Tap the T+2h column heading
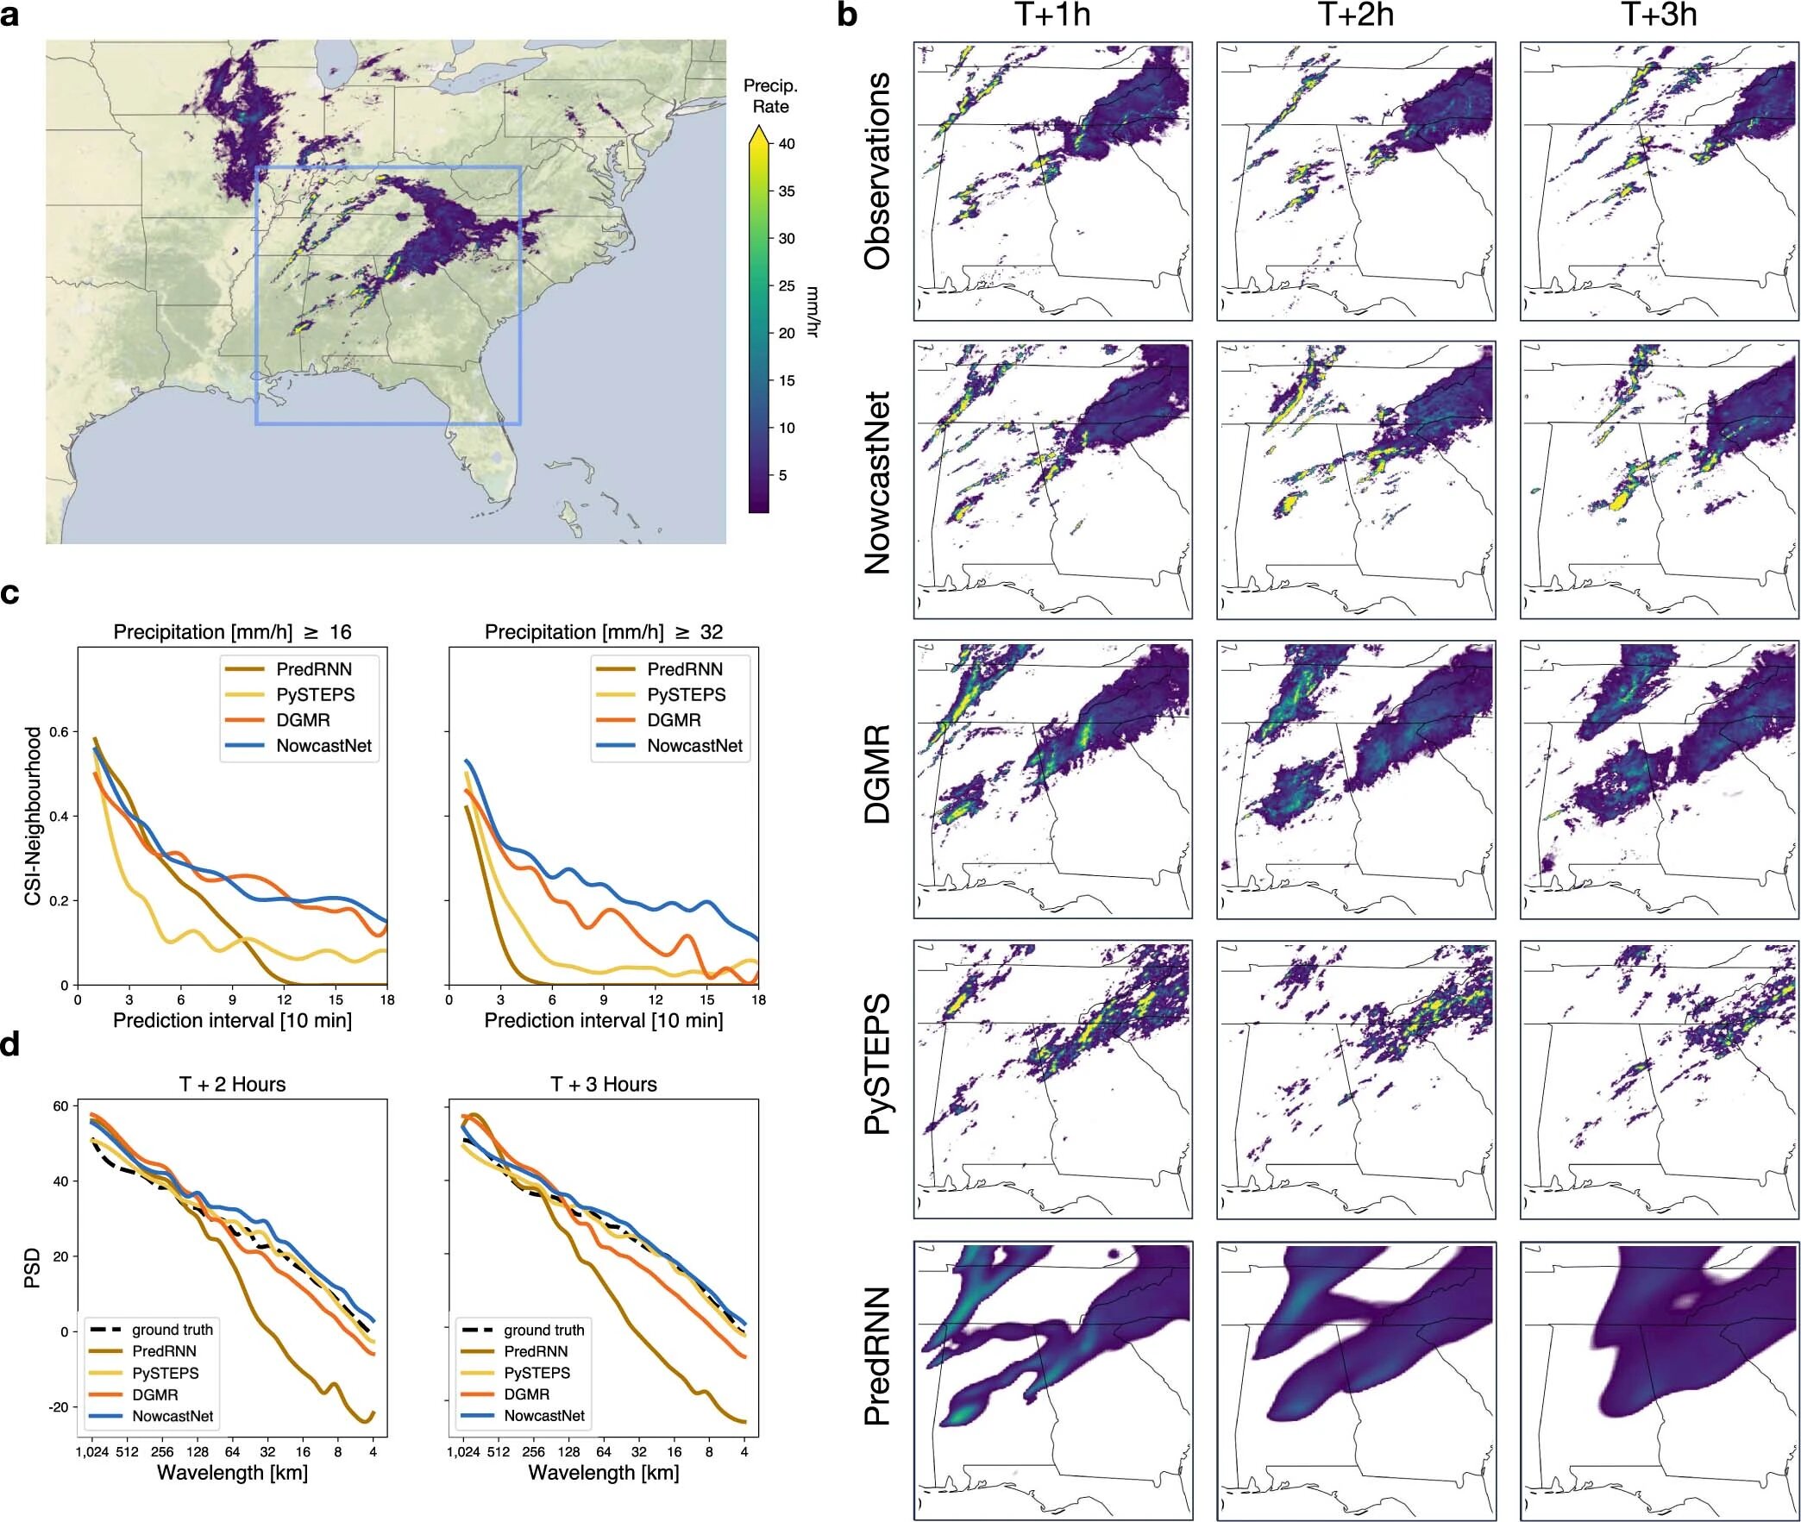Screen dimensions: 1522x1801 [x=1355, y=15]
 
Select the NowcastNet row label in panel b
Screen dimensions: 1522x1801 [x=876, y=482]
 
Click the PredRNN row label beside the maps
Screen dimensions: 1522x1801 [x=876, y=1369]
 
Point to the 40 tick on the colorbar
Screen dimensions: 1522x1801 [x=786, y=144]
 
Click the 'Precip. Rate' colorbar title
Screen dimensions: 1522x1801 [x=769, y=97]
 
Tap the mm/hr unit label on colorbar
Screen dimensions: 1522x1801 [x=811, y=310]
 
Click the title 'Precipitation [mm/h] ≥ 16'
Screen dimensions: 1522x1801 [x=232, y=631]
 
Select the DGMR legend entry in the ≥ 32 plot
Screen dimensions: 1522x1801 [x=674, y=719]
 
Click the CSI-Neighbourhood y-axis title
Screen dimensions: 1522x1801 [x=33, y=817]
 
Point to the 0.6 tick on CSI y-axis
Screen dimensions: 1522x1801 [x=60, y=731]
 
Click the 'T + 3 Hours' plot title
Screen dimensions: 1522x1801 [x=603, y=1084]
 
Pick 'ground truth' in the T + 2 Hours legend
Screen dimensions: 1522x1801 [x=172, y=1330]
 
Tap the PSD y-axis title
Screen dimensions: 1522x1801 [x=33, y=1271]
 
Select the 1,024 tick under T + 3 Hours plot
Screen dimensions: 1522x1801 [x=462, y=1451]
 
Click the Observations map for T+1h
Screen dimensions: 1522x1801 [x=1052, y=181]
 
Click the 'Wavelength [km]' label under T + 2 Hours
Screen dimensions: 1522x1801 [x=232, y=1472]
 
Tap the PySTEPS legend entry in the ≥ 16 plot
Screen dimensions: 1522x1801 [x=315, y=694]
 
